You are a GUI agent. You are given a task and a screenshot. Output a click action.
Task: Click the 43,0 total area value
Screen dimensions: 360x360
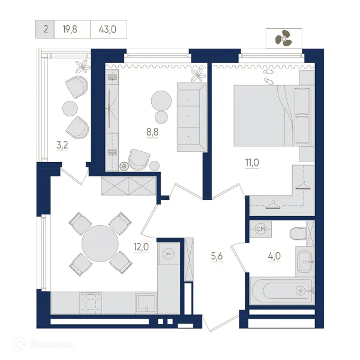point(107,29)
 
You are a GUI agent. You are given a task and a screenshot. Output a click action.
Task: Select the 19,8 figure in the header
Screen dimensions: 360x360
point(70,29)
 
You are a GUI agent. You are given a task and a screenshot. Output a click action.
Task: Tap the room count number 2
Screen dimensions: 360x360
point(46,29)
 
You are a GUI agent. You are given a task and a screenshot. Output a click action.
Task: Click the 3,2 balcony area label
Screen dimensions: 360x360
point(62,145)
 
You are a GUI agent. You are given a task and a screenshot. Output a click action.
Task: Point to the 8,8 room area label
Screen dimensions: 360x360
point(152,132)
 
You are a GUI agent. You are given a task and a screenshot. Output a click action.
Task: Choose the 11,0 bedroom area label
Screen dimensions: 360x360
point(252,163)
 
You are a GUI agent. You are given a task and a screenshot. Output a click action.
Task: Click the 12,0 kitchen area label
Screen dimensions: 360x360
point(141,247)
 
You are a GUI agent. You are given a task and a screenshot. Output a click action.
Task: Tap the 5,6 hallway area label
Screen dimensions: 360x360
point(217,256)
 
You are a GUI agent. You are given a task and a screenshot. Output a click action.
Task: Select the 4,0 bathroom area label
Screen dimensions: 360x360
point(274,256)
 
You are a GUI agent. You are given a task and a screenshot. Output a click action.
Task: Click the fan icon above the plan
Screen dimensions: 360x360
point(284,38)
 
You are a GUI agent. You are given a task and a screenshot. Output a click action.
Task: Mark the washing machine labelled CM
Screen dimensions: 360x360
point(260,229)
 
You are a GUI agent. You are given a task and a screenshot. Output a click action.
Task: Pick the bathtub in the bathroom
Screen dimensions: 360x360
point(282,291)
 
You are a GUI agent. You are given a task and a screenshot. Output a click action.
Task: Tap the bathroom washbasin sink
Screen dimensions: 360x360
point(305,262)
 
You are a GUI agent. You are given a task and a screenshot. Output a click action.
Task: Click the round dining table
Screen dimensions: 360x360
point(100,244)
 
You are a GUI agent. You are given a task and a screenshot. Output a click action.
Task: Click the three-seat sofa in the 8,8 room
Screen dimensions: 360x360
point(192,117)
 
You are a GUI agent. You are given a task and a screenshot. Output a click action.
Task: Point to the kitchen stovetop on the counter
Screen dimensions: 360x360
point(90,303)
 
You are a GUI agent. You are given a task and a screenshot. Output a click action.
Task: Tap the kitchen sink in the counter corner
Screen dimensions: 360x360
point(146,303)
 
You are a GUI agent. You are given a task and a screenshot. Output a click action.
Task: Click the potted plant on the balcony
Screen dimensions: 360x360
point(83,67)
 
